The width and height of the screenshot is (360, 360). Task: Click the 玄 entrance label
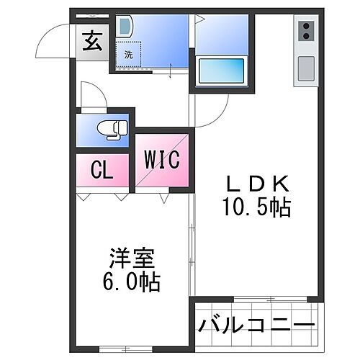(91, 42)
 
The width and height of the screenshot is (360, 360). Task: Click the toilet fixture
(112, 130)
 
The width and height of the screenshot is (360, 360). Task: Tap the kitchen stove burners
(306, 32)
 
